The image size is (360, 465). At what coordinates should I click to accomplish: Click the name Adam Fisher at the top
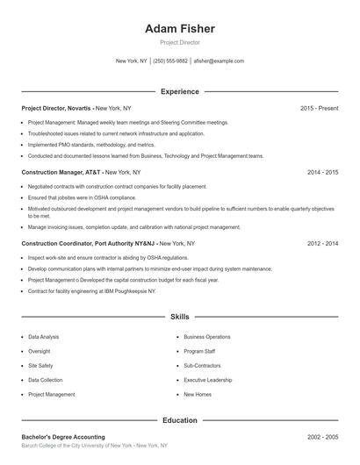[179, 29]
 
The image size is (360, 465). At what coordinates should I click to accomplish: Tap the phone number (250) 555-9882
[170, 61]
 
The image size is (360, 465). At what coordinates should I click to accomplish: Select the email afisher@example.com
[219, 61]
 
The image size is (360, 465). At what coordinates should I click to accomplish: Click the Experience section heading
[179, 91]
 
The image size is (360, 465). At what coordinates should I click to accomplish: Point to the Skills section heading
[179, 316]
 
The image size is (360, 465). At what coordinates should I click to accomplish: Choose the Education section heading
[179, 420]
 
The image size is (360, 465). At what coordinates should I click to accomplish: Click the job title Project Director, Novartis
[57, 108]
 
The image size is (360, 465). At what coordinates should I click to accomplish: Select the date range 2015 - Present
[319, 108]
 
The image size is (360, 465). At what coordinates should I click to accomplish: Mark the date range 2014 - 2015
[322, 172]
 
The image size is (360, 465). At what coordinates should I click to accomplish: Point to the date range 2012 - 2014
[322, 243]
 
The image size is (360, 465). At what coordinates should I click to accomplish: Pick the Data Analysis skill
[44, 337]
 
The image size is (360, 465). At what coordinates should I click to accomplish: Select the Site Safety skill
[40, 366]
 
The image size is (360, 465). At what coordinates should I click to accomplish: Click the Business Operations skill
[207, 337]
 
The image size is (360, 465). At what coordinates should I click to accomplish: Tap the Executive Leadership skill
[208, 380]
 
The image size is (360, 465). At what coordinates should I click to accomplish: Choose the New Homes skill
[198, 395]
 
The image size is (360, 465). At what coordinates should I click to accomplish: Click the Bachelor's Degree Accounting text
[63, 437]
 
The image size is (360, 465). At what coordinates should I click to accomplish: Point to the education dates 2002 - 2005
[322, 437]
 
